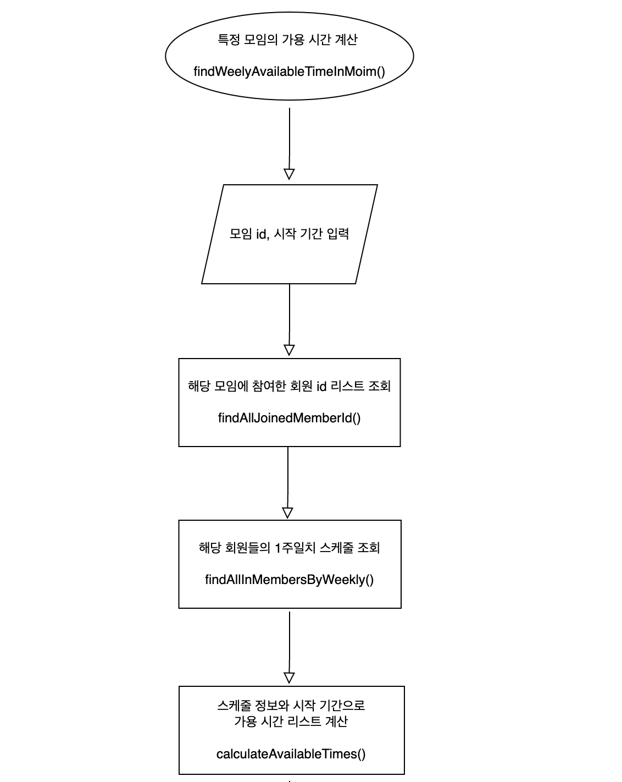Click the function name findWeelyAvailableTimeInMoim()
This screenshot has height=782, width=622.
click(289, 71)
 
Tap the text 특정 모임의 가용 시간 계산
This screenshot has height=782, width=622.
click(288, 40)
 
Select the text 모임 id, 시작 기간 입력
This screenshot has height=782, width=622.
click(289, 234)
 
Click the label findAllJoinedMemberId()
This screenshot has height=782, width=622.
click(289, 418)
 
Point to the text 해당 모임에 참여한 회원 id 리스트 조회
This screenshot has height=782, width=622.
click(289, 386)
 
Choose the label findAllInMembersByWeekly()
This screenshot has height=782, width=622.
click(289, 580)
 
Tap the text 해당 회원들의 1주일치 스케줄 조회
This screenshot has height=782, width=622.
click(289, 548)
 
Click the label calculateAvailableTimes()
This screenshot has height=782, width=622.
click(291, 754)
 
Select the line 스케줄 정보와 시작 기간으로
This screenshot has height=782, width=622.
click(291, 705)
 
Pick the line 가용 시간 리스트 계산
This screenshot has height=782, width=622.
click(291, 721)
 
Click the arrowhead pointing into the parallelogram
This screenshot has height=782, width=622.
click(289, 174)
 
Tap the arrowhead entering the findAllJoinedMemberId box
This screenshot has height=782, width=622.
click(289, 350)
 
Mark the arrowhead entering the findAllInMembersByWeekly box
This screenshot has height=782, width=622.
click(287, 512)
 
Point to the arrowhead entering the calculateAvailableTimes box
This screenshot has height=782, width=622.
click(289, 678)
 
